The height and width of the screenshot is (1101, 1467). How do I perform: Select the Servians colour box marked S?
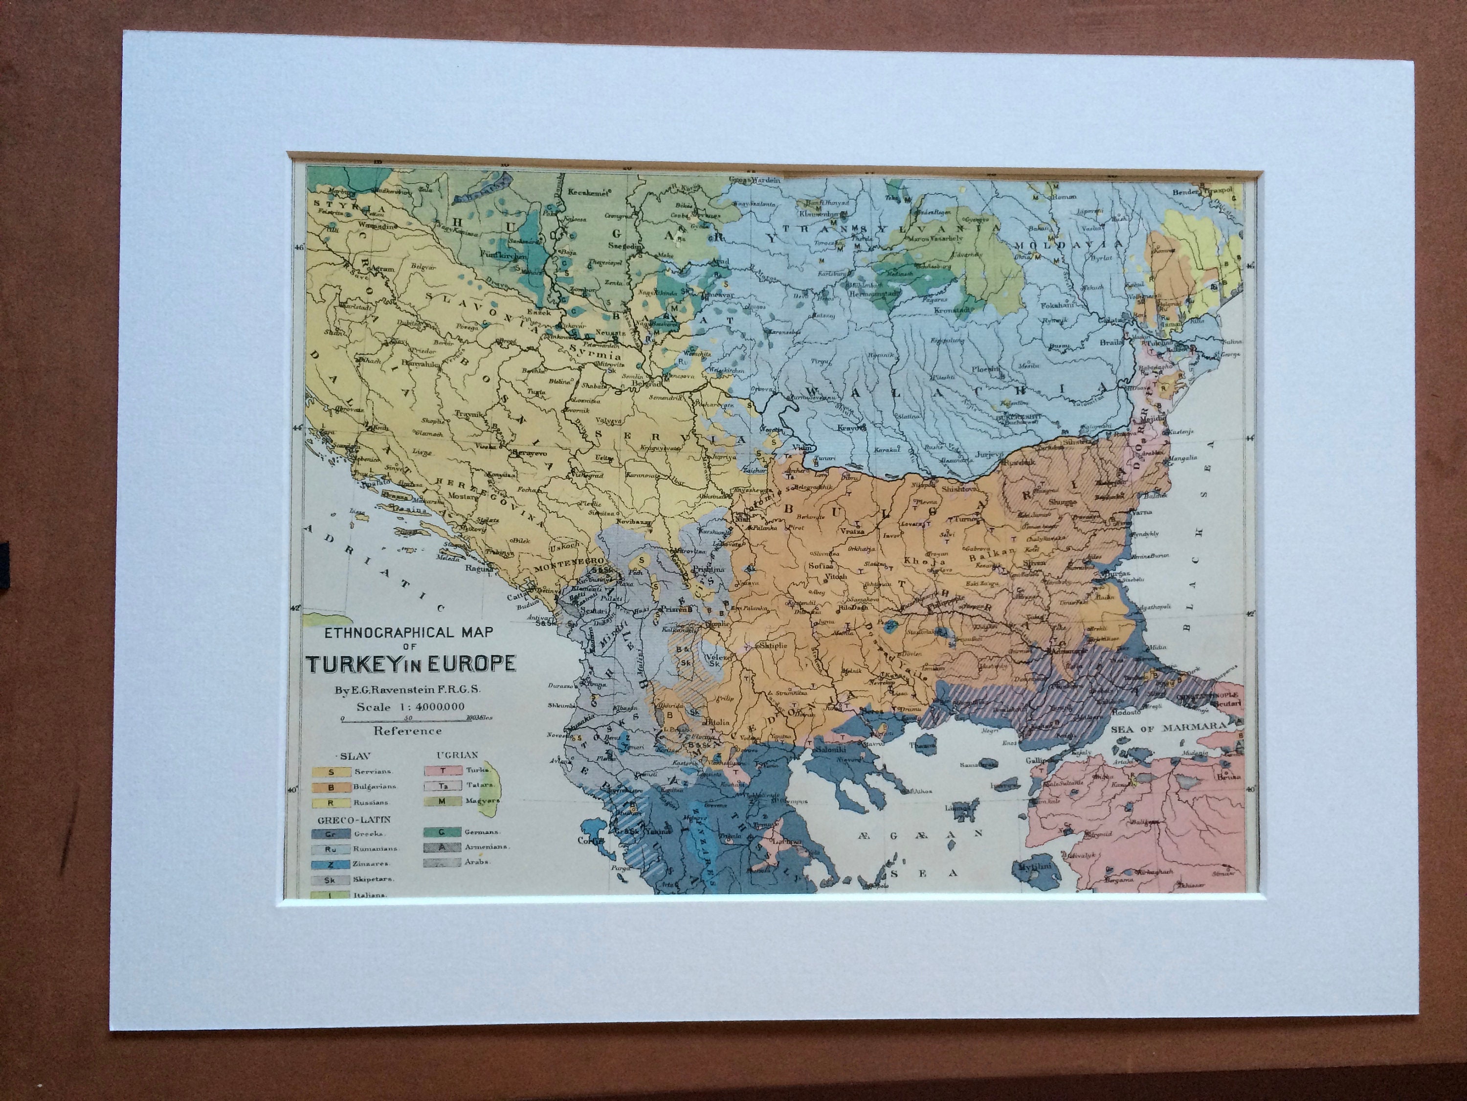330,771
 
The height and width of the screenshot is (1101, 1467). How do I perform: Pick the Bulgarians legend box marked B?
330,786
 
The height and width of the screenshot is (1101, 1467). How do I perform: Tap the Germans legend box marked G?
441,831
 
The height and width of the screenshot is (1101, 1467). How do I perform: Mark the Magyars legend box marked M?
441,802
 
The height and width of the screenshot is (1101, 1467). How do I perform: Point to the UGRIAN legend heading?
458,755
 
